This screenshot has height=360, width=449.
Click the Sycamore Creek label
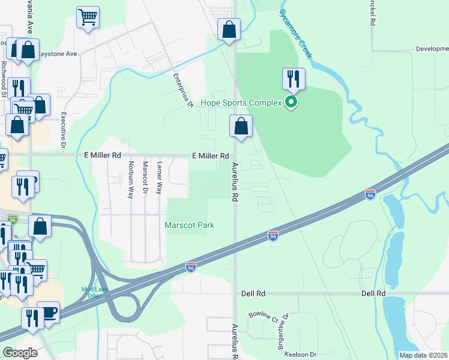[296, 34]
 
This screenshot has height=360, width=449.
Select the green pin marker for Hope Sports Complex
[291, 103]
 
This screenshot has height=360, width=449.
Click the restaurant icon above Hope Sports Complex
[294, 79]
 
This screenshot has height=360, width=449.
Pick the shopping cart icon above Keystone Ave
[88, 17]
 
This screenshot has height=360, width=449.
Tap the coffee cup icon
[48, 312]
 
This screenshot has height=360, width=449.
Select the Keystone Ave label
[58, 53]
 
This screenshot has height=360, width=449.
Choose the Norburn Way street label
[130, 179]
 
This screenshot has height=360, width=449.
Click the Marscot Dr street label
[145, 178]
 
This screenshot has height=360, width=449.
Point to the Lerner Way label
[159, 178]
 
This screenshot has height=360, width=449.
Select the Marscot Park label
[190, 225]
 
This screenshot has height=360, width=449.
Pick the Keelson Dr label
[300, 355]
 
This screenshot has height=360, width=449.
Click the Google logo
[20, 353]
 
